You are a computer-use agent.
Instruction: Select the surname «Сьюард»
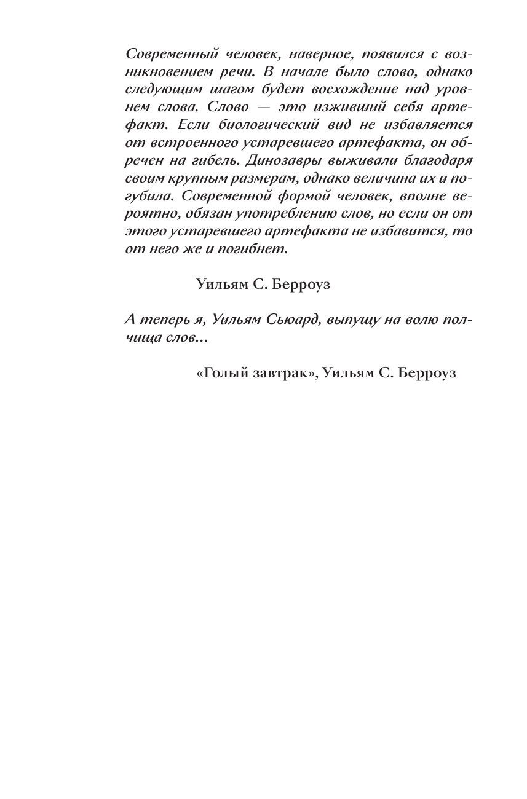click(x=292, y=320)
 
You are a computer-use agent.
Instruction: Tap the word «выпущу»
click(x=358, y=320)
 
